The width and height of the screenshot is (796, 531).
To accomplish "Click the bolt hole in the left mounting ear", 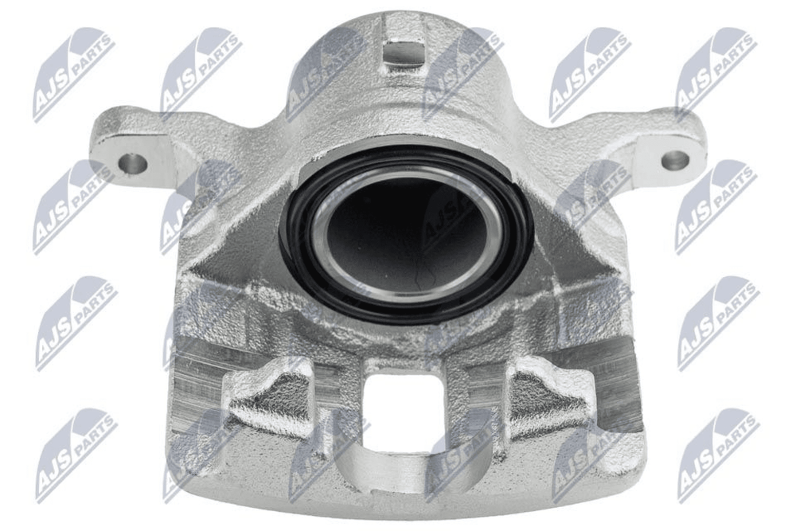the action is click(x=133, y=163).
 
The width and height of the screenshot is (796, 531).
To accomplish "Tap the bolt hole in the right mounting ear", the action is click(x=675, y=160).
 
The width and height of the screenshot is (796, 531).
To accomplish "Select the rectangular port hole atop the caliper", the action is click(x=403, y=53).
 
